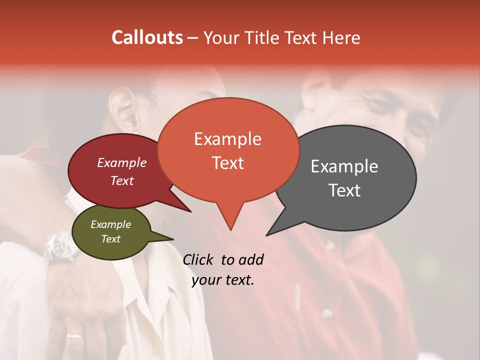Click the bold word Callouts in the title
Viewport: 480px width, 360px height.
click(x=147, y=37)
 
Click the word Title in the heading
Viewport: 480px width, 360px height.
click(x=262, y=37)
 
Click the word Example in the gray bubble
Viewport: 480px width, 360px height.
click(x=344, y=166)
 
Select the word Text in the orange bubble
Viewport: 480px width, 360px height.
click(x=228, y=163)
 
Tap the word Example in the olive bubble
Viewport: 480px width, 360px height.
click(x=110, y=224)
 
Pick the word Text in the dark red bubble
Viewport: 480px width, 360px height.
click(x=122, y=180)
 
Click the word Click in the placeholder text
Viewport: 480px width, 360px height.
click(x=199, y=259)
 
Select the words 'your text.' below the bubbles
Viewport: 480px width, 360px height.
click(x=222, y=280)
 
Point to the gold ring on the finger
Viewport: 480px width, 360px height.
click(x=75, y=335)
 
